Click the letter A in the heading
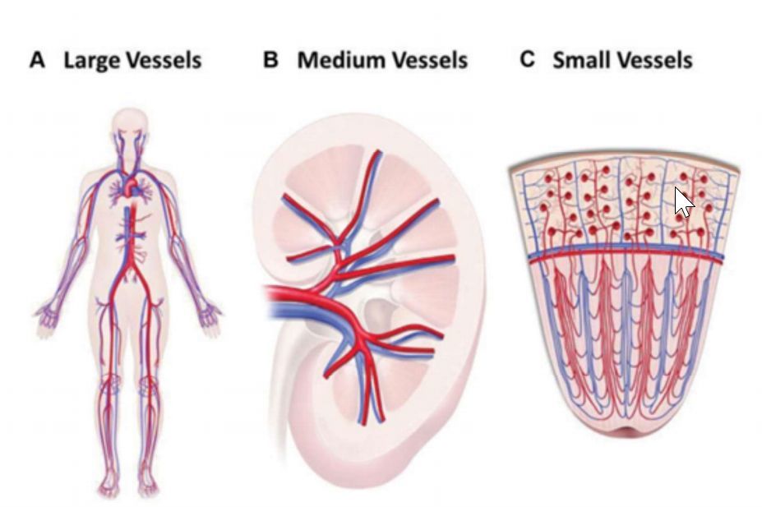37,60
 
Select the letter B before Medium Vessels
271,60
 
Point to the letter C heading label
528,60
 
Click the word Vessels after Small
657,60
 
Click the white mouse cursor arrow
682,201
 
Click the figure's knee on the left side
110,386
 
